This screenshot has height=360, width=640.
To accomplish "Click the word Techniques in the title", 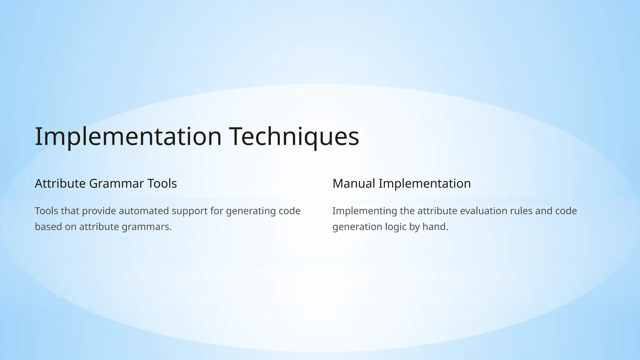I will click(x=294, y=137).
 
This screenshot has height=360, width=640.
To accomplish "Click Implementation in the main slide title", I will click(x=128, y=137).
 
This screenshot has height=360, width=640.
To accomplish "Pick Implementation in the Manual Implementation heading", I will click(x=425, y=183).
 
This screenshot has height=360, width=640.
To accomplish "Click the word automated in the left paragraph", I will click(x=144, y=211).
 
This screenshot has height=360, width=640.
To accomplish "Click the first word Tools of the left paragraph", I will click(x=46, y=211).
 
